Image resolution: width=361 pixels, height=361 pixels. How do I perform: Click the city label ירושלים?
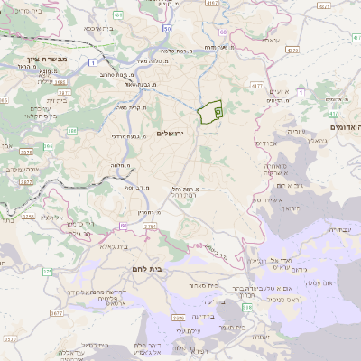pyautogui.click(x=170, y=134)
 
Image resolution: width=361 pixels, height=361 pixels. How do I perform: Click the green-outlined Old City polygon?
pyautogui.click(x=210, y=111)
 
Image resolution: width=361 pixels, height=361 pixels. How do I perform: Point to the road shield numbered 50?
pyautogui.click(x=168, y=29)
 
